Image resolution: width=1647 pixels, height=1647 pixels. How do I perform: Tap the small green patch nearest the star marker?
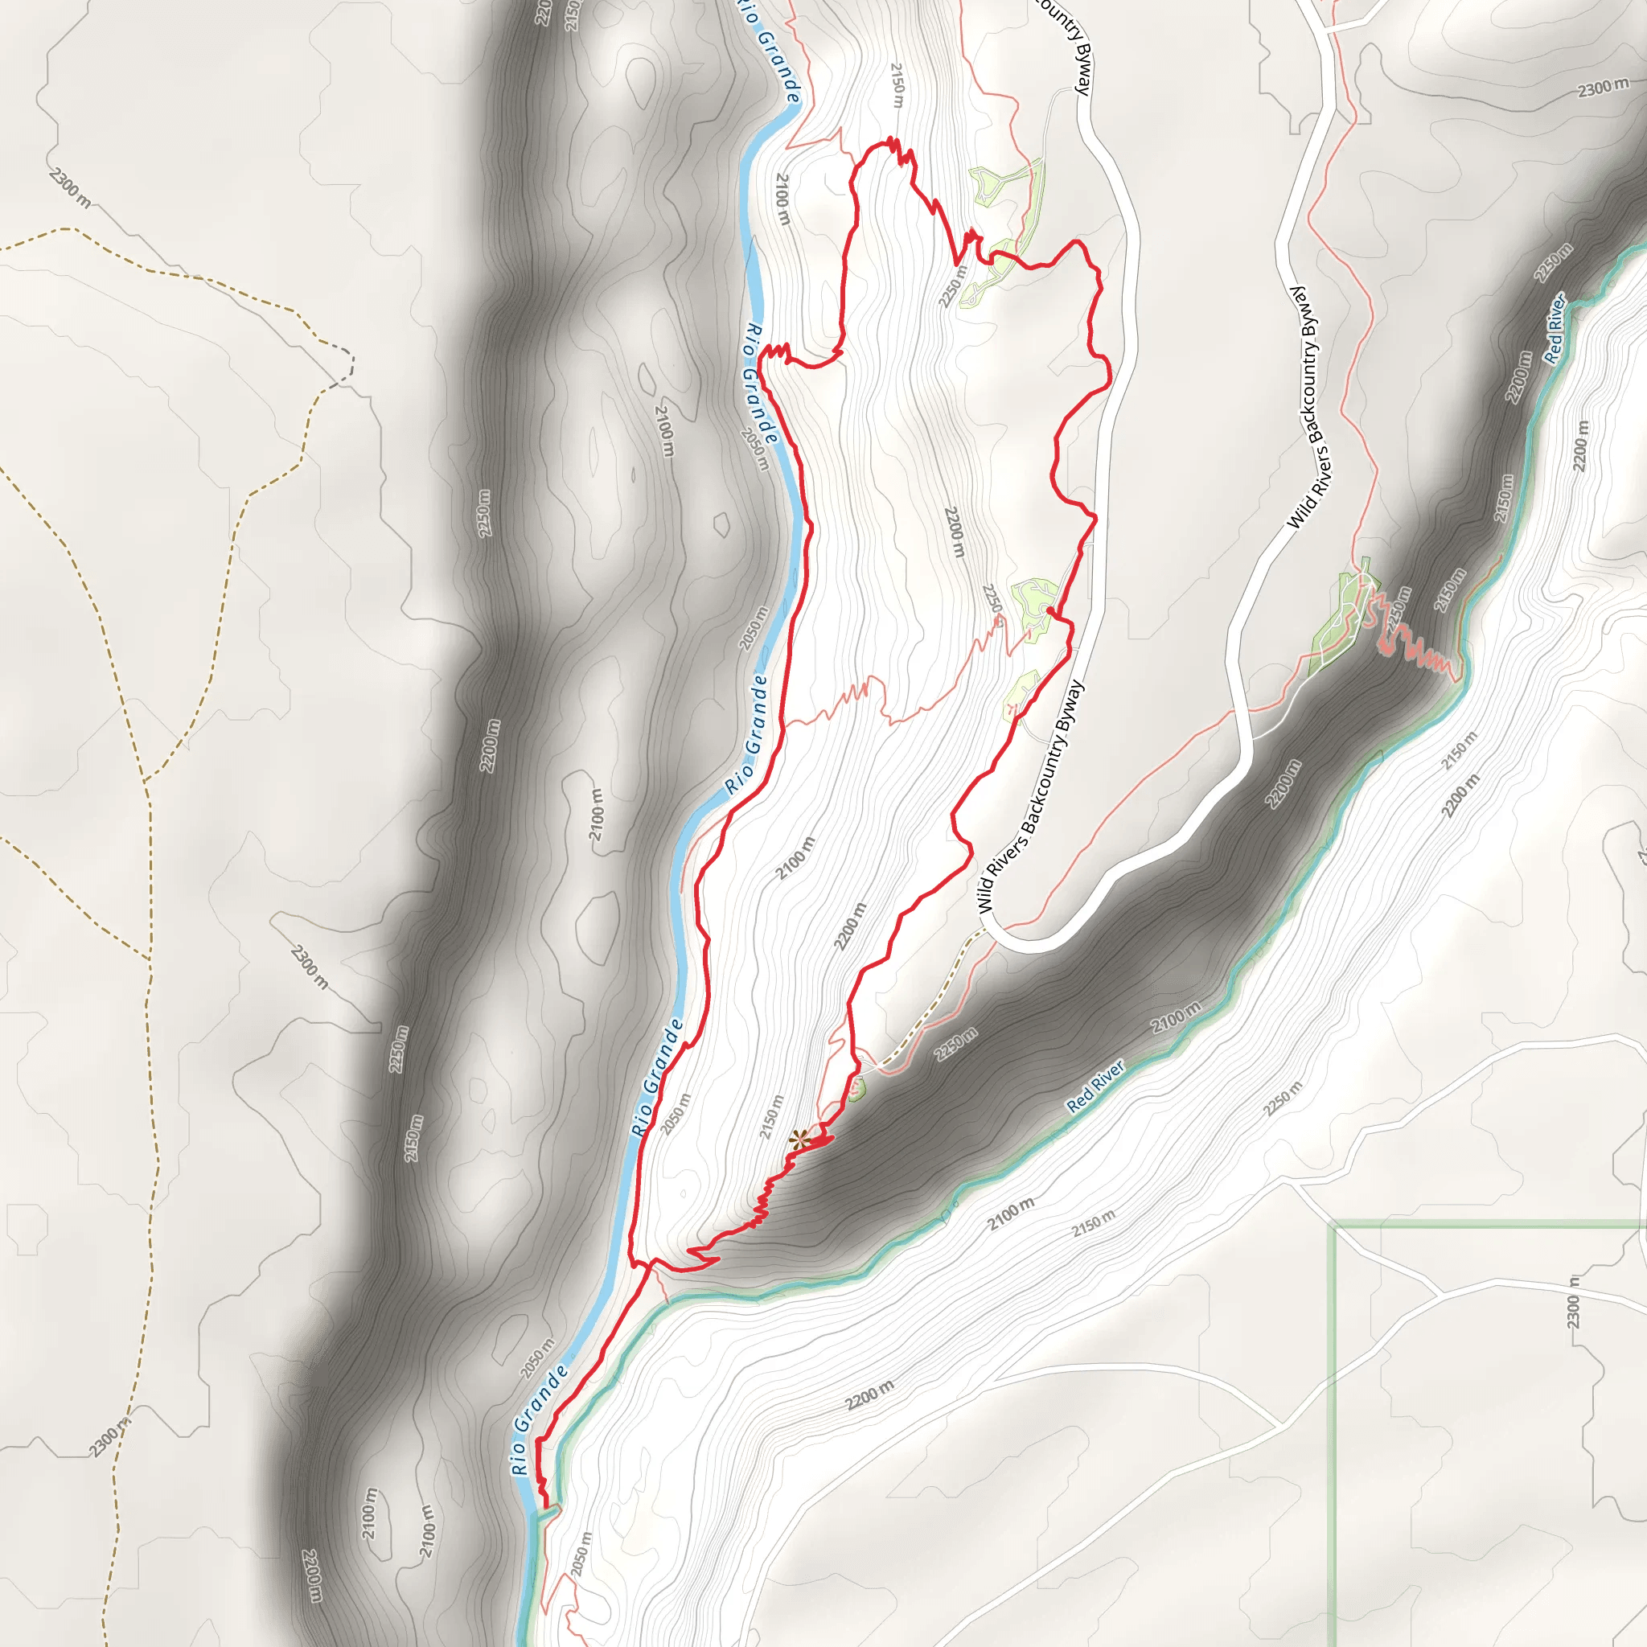pyautogui.click(x=856, y=1088)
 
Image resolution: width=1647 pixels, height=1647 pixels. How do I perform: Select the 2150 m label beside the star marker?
pyautogui.click(x=771, y=1117)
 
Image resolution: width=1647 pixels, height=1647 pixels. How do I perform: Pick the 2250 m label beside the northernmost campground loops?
pyautogui.click(x=953, y=285)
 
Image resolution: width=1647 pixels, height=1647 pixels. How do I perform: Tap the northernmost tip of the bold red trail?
pyautogui.click(x=891, y=138)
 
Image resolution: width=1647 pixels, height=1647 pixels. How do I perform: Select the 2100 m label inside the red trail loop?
pyautogui.click(x=795, y=857)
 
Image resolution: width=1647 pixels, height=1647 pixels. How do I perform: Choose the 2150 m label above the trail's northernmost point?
pyautogui.click(x=897, y=85)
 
